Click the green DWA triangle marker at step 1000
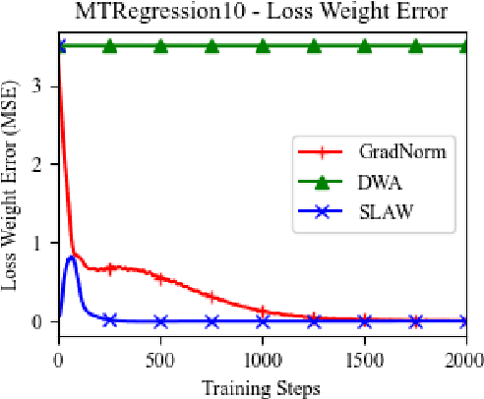coord(263,45)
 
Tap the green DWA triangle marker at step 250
coord(109,45)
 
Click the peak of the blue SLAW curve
coord(72,256)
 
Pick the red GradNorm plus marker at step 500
coord(160,278)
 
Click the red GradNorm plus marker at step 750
coord(212,296)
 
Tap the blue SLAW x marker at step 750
coord(212,321)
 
